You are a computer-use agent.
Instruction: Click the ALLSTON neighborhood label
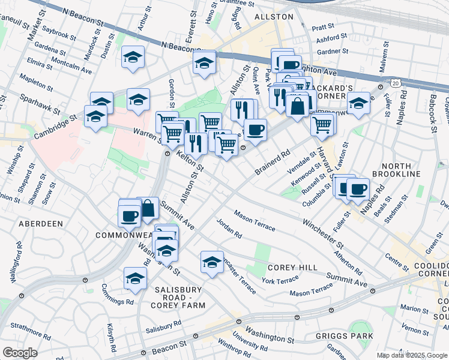273,17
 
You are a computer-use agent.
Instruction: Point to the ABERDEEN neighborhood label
41,223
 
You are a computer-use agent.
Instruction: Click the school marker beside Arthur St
133,58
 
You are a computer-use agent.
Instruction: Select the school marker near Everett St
204,63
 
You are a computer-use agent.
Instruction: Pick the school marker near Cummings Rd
135,278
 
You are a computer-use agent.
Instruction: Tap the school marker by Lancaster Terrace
212,262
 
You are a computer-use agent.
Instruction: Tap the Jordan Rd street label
229,229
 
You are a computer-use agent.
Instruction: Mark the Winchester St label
323,234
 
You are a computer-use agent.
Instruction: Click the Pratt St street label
323,27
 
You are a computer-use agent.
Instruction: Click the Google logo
20,353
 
